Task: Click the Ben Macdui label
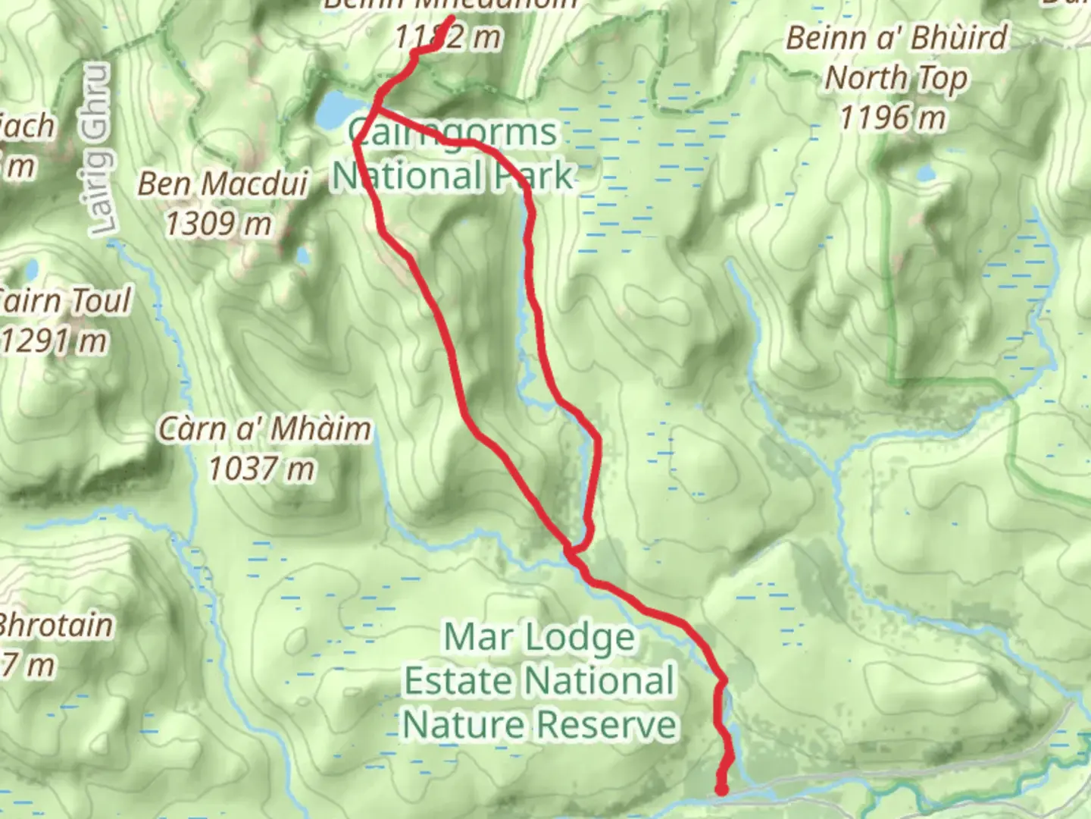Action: pos(222,184)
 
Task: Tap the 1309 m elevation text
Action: pos(218,223)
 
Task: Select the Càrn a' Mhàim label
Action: pos(264,429)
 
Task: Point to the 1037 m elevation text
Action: pos(261,469)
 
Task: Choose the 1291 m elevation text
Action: pos(55,341)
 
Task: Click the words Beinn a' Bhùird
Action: pos(897,38)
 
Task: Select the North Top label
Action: pos(896,78)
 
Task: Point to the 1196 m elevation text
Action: pos(893,118)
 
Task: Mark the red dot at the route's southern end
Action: pos(721,790)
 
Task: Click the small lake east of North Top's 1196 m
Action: pos(926,173)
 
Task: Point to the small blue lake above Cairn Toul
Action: pos(31,270)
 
